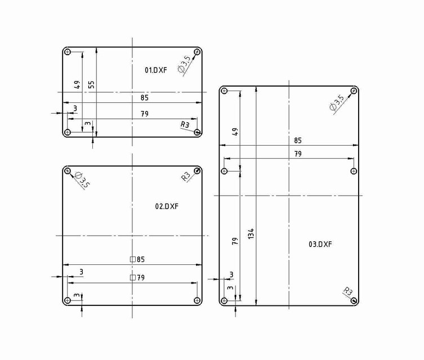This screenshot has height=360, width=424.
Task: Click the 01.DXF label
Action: pos(156,70)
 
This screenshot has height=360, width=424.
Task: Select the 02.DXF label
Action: pos(167,206)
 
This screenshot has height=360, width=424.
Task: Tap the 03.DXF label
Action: pos(320,244)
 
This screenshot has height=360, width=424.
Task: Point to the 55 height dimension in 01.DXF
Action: pos(91,84)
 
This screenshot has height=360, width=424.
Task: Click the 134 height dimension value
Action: pos(251,235)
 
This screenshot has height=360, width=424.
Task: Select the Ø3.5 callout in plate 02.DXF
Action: pos(82,180)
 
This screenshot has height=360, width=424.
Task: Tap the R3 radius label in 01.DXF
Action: pos(185,124)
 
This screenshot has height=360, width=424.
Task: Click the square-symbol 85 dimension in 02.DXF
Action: pos(137,259)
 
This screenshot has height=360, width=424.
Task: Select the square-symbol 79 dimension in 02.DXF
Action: pos(137,277)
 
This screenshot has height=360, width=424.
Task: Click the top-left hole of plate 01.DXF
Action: pos(68,52)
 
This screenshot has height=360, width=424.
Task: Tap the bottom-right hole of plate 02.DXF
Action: pos(197,299)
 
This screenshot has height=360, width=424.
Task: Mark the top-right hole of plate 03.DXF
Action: pos(354,91)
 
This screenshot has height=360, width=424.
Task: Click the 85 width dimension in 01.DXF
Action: pos(145,98)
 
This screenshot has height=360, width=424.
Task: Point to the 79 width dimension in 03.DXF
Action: pos(298,154)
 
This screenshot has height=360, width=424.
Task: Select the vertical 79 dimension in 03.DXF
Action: pos(235,240)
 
